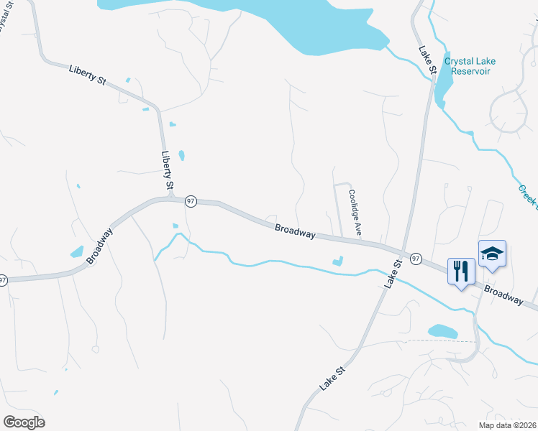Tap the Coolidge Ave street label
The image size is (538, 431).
tap(354, 213)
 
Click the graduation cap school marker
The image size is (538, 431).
tap(492, 254)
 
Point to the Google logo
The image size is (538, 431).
tap(24, 422)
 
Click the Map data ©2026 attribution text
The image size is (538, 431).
tap(507, 425)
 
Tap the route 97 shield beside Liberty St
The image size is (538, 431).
tap(190, 202)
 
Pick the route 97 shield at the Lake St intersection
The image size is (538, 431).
tap(416, 258)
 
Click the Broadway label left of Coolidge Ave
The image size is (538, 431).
tap(295, 231)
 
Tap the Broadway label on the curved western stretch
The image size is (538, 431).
tap(100, 246)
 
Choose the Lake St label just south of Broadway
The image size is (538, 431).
tap(391, 274)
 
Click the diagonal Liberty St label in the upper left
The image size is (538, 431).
tap(88, 75)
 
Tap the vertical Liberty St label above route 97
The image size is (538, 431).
tap(168, 171)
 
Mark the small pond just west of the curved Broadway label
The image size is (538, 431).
tap(76, 252)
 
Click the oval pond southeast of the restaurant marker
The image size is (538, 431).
tap(442, 331)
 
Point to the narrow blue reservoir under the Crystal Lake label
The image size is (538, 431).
tap(442, 85)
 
